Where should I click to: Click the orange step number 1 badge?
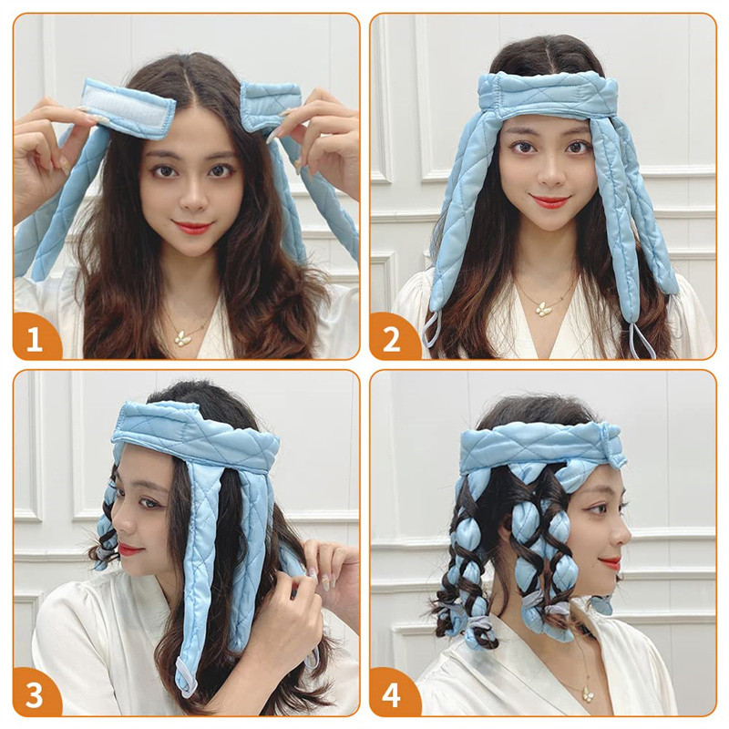point(35,339)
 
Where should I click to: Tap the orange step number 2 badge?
point(392,339)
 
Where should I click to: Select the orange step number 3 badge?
point(35,694)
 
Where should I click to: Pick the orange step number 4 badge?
point(392,694)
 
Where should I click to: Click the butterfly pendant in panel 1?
point(181,337)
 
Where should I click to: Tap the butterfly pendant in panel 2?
point(541,309)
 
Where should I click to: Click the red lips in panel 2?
point(550,200)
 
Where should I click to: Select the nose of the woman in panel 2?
point(549,173)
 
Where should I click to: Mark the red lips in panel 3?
point(128,550)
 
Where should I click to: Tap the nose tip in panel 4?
point(628,539)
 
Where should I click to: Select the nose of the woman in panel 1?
point(192,200)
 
